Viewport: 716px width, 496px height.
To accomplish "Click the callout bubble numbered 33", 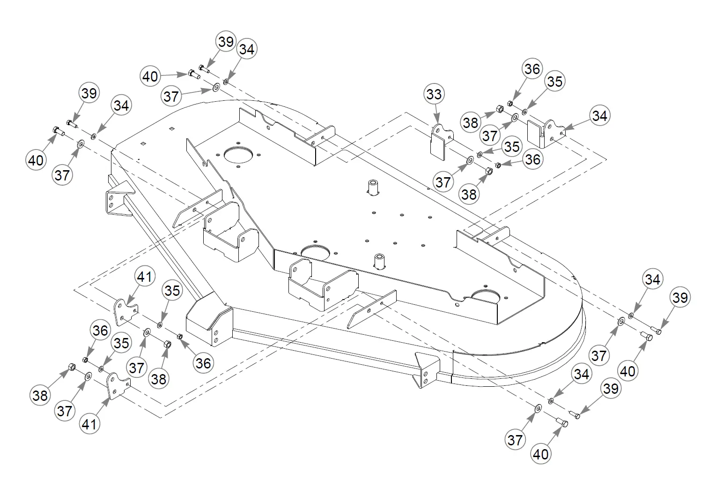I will point(434,94).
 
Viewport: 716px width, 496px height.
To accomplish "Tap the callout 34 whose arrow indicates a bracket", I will point(599,116).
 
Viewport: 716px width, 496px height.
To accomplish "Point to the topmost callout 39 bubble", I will point(226,42).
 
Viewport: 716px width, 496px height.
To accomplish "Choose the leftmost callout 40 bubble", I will point(36,160).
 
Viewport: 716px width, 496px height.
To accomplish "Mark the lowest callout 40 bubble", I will point(540,454).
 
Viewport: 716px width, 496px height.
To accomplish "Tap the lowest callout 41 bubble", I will point(89,424).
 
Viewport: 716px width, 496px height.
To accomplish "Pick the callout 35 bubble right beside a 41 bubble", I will point(172,291).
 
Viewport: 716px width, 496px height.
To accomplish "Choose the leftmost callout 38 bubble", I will point(40,395).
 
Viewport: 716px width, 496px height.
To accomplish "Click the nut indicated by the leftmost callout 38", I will point(72,367).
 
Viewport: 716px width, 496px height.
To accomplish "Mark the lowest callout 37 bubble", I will point(515,439).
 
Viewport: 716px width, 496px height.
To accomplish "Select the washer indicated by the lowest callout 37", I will point(538,408).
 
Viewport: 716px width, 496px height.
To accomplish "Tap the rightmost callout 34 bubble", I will point(652,279).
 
